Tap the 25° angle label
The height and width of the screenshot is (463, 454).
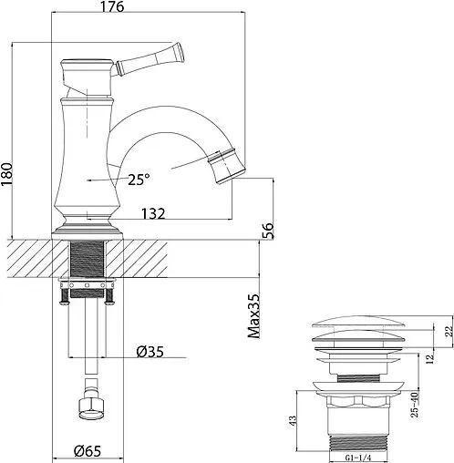(138, 180)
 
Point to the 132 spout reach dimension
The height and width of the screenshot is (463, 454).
(152, 215)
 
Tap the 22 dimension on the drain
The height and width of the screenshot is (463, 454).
(447, 332)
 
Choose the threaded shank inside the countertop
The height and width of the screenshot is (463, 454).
(90, 260)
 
